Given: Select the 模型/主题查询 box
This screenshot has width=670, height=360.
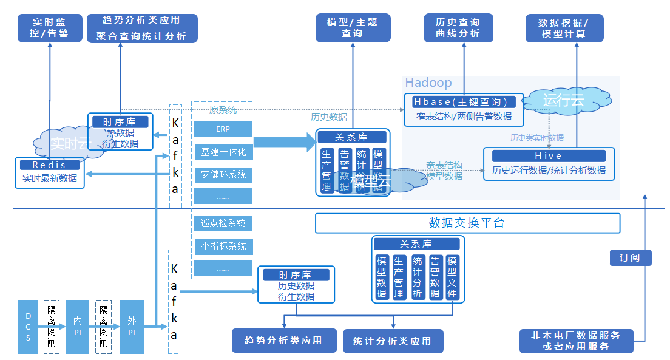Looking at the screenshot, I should point(353,28).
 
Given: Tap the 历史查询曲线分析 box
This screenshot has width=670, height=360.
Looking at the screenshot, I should point(458,28).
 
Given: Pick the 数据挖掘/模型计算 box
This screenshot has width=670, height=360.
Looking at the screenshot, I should point(564,28).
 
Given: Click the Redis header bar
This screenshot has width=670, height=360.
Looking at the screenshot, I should point(49,165).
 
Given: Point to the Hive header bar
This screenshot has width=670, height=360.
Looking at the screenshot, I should point(549,156).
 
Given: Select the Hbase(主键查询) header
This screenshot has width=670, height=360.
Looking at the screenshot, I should point(464,102).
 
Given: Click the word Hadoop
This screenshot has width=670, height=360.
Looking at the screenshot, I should point(428,83).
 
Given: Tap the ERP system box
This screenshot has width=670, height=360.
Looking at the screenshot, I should point(223,129).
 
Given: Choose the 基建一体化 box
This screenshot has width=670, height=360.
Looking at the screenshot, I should point(223,152).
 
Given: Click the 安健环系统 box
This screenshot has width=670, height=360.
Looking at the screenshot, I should point(223,175).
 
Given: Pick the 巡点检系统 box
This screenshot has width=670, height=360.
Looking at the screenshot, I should point(223,223).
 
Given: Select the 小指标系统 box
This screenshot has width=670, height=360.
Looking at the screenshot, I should point(223,246).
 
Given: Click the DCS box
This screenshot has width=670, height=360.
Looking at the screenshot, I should point(28,327).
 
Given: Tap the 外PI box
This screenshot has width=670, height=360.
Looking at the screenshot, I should point(132,327).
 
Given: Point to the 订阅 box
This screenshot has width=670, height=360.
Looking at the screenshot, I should point(630,257).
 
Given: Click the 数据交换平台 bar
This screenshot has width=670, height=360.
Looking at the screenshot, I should point(467,223).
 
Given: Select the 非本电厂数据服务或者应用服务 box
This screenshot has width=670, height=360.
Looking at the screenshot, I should point(576,341).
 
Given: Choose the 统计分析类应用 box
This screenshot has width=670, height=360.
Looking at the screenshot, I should point(392,341).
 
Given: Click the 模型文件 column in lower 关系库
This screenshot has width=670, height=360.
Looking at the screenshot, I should point(452,277).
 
